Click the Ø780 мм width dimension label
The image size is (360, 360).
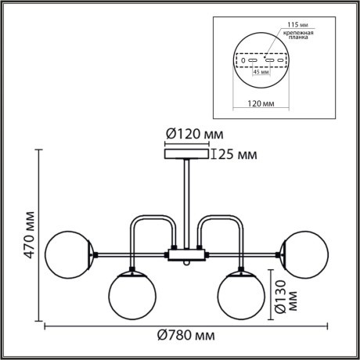186,337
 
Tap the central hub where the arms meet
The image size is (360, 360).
185,254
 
